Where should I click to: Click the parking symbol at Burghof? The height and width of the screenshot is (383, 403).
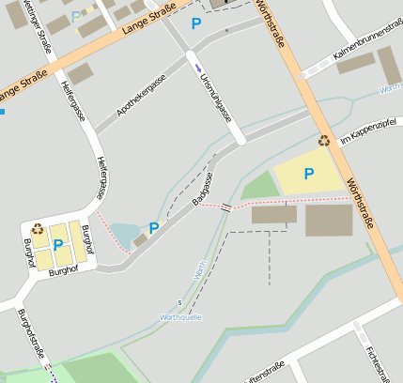[58, 245]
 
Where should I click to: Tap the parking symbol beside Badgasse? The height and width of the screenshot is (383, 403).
[153, 226]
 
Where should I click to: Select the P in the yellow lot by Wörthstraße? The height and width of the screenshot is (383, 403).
[308, 174]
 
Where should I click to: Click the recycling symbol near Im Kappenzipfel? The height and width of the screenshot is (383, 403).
[324, 141]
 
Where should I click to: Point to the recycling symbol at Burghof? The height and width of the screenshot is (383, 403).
[38, 227]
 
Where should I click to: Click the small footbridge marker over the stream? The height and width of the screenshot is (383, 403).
[225, 207]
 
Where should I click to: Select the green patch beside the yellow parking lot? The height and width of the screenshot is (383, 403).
[260, 186]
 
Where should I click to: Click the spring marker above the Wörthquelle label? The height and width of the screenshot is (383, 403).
[180, 302]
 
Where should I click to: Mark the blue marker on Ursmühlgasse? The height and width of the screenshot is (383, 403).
[197, 68]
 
